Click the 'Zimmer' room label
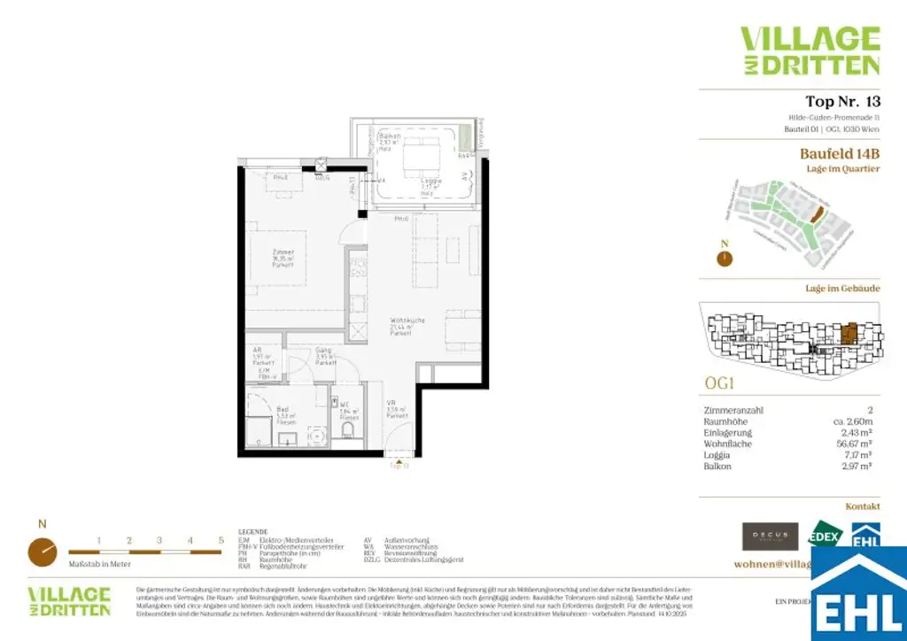283,252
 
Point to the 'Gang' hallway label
324,351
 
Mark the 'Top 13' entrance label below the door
401,466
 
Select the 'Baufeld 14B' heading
840,153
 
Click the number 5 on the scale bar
221,539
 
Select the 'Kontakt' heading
862,506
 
